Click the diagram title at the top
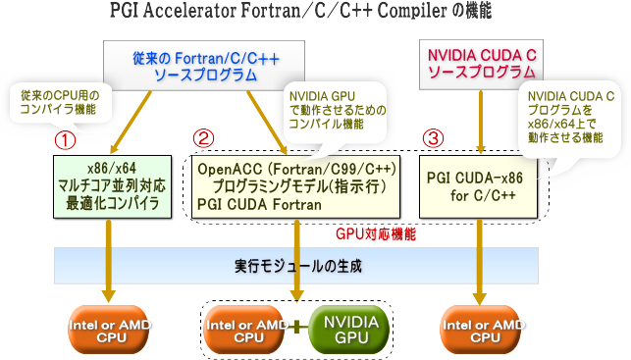[x=315, y=13]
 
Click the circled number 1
[x=65, y=139]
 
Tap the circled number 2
[x=203, y=138]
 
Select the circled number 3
[x=434, y=138]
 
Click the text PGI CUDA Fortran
[x=259, y=204]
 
